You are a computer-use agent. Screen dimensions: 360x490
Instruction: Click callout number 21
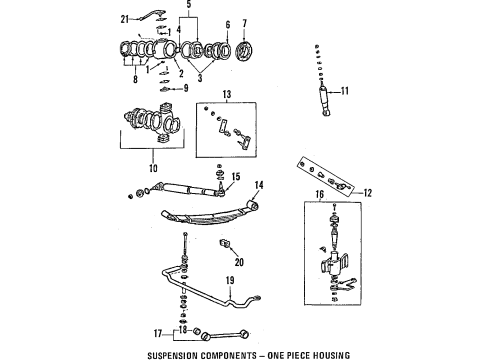click(x=125, y=19)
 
